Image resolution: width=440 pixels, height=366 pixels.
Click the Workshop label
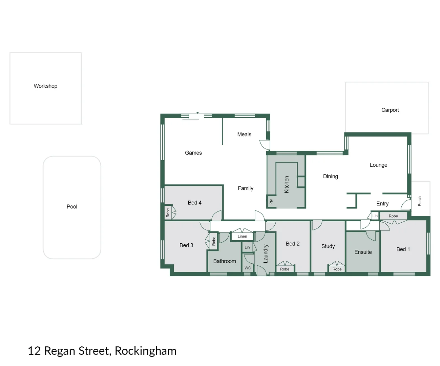coord(45,86)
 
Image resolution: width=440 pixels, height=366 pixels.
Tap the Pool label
coord(72,207)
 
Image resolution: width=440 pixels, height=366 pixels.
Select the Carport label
coord(390,110)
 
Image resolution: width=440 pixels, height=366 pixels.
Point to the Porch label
coord(420,201)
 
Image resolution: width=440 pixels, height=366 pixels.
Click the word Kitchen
coord(287,184)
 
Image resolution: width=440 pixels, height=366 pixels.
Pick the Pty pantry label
coord(271,202)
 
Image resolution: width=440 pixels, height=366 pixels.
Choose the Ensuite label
coord(363,252)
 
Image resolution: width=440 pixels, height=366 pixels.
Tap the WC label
coord(248,268)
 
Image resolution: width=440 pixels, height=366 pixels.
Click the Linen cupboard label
coord(242,237)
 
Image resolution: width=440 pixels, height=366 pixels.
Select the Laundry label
coord(266,254)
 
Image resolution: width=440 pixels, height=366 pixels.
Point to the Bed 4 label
coord(194,203)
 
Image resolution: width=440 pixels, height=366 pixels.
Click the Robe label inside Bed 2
coord(285,269)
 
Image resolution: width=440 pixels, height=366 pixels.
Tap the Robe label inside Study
coord(337,269)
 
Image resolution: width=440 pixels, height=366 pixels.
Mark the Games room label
coord(193,153)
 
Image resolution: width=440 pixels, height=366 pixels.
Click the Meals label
coord(244,135)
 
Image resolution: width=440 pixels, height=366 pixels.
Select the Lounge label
coord(378,165)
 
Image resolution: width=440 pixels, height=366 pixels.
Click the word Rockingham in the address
coord(146,351)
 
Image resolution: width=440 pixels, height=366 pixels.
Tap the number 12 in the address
coord(34,351)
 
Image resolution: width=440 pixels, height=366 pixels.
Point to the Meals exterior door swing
coord(265,145)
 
